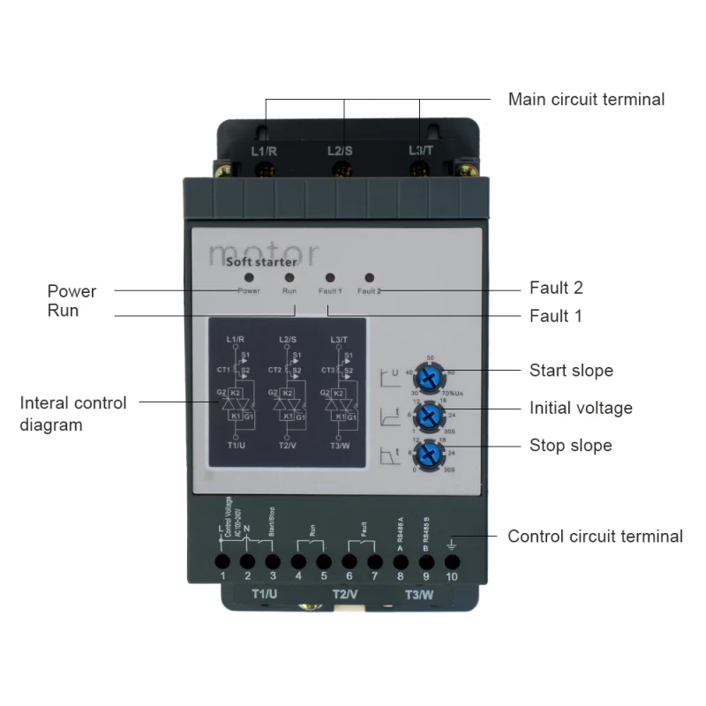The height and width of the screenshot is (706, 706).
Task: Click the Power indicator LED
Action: [249, 277]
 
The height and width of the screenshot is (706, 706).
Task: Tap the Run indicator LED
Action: [289, 277]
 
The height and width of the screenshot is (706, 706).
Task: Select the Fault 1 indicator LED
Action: [329, 277]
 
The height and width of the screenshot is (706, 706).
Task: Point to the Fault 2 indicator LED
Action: [369, 277]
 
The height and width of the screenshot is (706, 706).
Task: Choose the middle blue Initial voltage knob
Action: [429, 416]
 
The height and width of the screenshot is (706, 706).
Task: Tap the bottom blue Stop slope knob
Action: [429, 454]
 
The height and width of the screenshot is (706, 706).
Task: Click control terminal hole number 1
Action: [222, 560]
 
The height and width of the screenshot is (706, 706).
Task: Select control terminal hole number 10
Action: [452, 560]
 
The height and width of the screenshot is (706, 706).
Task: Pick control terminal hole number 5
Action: [324, 560]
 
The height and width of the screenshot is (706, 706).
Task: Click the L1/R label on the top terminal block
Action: [264, 151]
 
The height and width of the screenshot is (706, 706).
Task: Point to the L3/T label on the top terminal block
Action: [421, 151]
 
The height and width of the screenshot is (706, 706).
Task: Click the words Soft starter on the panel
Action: [261, 261]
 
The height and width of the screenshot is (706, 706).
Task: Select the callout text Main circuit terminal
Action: [586, 100]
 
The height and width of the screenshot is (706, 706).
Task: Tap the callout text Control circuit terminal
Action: [595, 537]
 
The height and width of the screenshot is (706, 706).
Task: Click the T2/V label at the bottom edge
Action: [345, 594]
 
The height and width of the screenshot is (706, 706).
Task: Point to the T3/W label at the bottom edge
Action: [418, 594]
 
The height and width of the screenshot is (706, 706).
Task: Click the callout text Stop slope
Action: [570, 446]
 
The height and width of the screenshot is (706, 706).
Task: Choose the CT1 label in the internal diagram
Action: [223, 370]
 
